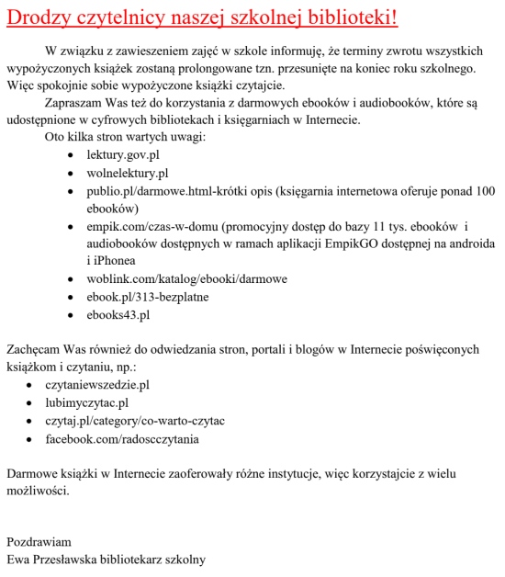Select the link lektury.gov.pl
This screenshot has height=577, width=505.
click(x=123, y=155)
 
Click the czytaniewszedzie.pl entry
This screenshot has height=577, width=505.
click(x=97, y=385)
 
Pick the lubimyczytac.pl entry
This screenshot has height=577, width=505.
click(x=87, y=402)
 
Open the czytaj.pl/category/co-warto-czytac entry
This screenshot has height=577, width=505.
click(x=135, y=421)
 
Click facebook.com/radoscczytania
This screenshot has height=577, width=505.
click(x=122, y=438)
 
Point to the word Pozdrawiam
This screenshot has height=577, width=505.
click(x=39, y=541)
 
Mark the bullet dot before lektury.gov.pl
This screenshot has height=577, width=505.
click(x=73, y=156)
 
